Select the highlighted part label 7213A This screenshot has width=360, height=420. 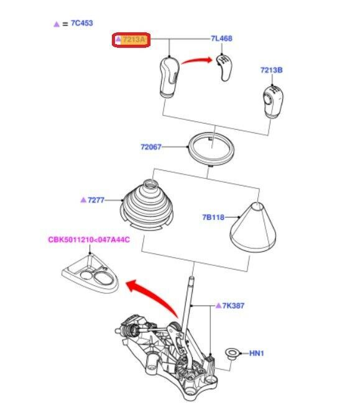click(x=134, y=40)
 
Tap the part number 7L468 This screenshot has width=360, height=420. click(x=221, y=39)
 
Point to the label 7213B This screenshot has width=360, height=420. click(x=271, y=71)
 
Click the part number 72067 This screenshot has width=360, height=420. click(x=150, y=147)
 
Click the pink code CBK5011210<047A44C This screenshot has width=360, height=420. click(x=89, y=240)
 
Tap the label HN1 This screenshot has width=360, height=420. click(x=257, y=354)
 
